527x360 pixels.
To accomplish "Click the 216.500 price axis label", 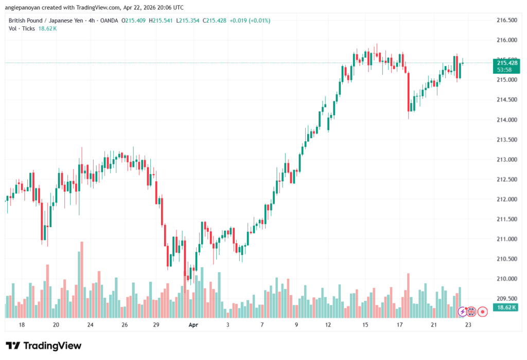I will [506, 20].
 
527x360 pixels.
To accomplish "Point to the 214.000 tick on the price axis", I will [506, 120].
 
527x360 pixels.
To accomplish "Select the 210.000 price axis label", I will [506, 279].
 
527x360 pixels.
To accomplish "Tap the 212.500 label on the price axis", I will [506, 179].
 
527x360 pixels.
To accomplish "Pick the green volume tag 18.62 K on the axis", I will [504, 307].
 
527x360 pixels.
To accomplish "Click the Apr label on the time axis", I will [193, 325].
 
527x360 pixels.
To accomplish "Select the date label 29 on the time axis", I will [156, 325].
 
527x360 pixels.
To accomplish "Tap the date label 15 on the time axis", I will [365, 325].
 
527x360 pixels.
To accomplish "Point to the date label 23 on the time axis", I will [468, 325].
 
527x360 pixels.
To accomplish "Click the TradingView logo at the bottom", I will [44, 346].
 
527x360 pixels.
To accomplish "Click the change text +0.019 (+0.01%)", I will [250, 21].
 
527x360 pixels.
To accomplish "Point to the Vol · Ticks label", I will [22, 28].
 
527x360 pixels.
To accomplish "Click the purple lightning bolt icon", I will [462, 311].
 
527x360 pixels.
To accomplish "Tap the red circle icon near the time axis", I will [483, 311].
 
